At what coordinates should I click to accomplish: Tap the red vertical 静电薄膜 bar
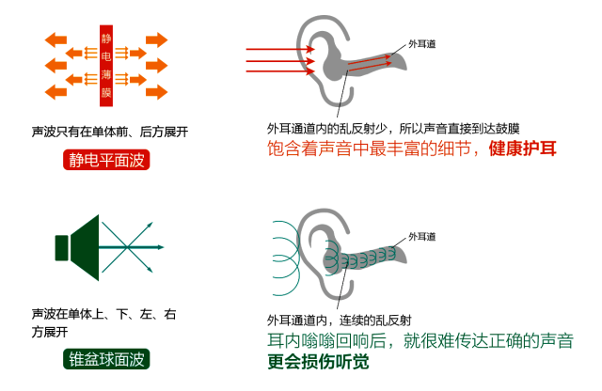pyautogui.click(x=106, y=64)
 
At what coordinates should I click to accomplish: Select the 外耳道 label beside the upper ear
pyautogui.click(x=423, y=43)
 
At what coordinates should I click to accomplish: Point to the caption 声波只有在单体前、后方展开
pyautogui.click(x=110, y=132)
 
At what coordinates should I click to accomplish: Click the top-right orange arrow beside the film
pyautogui.click(x=154, y=39)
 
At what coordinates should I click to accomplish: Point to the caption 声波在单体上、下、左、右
pyautogui.click(x=104, y=313)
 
